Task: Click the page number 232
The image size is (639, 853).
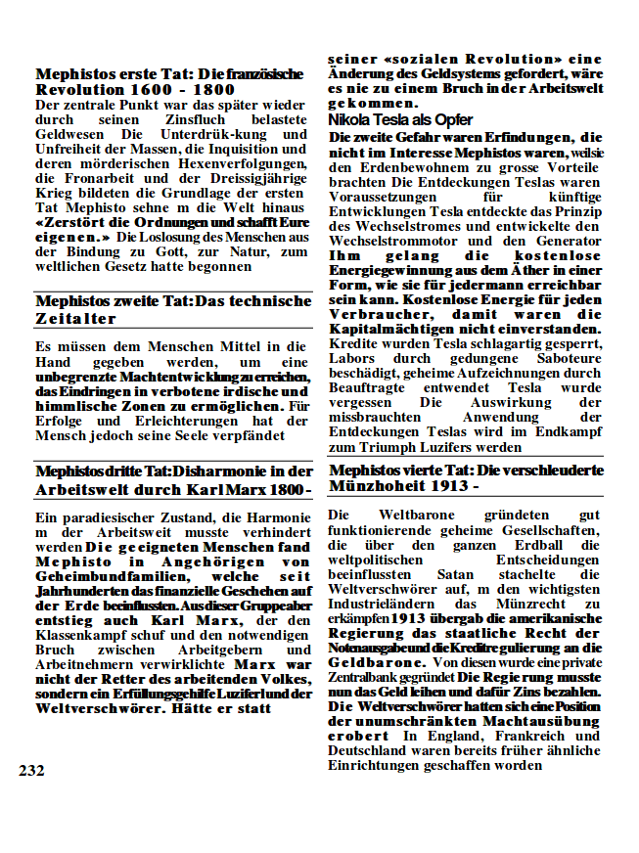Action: (31, 770)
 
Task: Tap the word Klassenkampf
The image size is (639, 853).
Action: (81, 635)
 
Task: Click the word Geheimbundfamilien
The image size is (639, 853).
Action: (108, 577)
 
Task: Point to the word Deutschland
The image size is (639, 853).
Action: (370, 750)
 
